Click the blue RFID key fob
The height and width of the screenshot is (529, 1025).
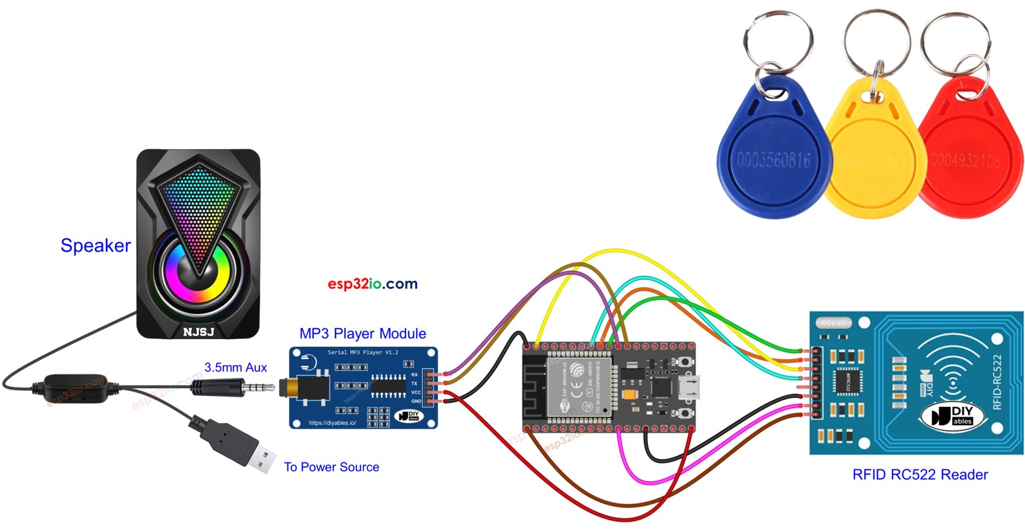click(773, 159)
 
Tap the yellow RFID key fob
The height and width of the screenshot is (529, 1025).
click(875, 163)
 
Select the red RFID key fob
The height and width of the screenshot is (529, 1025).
click(970, 159)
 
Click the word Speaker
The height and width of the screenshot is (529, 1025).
click(96, 245)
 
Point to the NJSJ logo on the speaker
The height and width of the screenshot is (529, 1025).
click(199, 331)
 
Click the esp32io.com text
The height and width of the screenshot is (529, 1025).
click(373, 284)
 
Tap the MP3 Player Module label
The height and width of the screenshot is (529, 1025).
click(362, 334)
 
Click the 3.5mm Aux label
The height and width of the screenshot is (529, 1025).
click(236, 367)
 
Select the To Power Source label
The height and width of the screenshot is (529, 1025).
click(331, 467)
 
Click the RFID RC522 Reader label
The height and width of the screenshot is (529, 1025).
click(920, 475)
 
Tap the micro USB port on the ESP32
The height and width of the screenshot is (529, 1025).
click(696, 386)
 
